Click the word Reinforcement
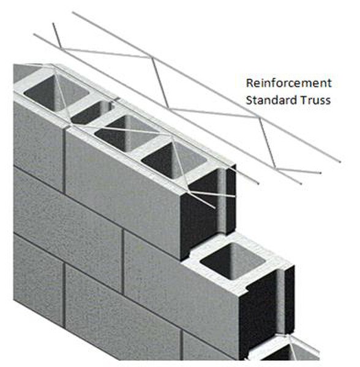tap(288, 83)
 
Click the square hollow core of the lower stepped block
tap(233, 261)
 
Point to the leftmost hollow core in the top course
tap(56, 92)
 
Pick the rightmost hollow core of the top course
tap(174, 160)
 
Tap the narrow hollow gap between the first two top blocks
tap(91, 114)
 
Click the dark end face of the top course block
tap(208, 212)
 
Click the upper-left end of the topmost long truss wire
tap(73, 12)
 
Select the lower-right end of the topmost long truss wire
tap(340, 161)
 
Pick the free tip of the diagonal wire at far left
tap(53, 23)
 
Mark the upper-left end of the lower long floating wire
tap(34, 34)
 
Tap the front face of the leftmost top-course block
tap(38, 145)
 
